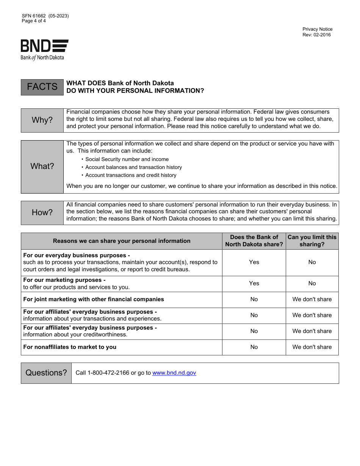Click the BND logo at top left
tap(44, 50)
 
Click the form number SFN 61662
tap(34, 16)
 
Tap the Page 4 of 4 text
tap(34, 21)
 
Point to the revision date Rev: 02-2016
tap(316, 35)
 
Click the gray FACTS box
tap(42, 87)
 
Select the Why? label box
tap(42, 120)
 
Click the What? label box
tap(42, 166)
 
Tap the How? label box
tap(42, 213)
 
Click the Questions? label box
tap(46, 373)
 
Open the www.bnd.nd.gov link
tap(174, 373)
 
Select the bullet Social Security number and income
tap(127, 160)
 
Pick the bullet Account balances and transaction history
tap(133, 167)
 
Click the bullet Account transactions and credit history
tap(131, 175)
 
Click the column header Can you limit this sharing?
tap(312, 241)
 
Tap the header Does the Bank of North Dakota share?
tap(254, 241)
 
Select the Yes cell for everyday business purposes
tap(254, 262)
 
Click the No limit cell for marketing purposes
tap(312, 283)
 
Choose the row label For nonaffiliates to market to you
tap(70, 347)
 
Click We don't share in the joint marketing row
tap(312, 299)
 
